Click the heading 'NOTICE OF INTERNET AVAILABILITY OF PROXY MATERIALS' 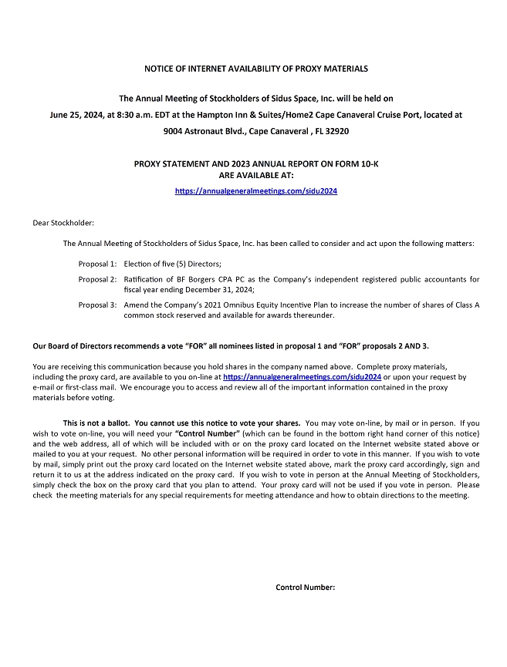click(x=256, y=69)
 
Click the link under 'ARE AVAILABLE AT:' click(x=256, y=191)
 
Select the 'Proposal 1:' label click(x=97, y=264)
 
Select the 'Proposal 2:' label click(x=97, y=279)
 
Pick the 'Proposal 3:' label click(x=97, y=305)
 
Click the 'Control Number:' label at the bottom click(x=306, y=588)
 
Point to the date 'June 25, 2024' click(x=74, y=115)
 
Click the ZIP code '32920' click(x=336, y=131)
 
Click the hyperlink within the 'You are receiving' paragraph click(x=302, y=377)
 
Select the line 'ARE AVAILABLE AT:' click(x=256, y=175)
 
